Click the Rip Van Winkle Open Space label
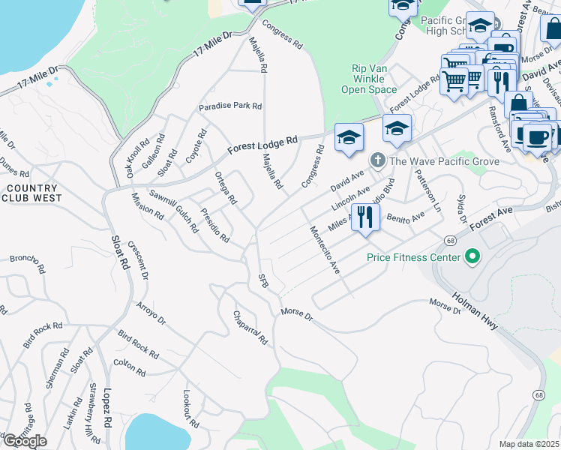[x=373, y=79]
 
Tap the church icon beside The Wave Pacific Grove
[x=377, y=160]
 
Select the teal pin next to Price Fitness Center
[x=472, y=258]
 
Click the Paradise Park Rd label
[x=229, y=106]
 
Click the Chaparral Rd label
[x=250, y=328]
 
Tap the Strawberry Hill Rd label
[x=93, y=414]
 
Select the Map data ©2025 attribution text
[x=529, y=444]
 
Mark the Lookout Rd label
[x=191, y=409]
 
